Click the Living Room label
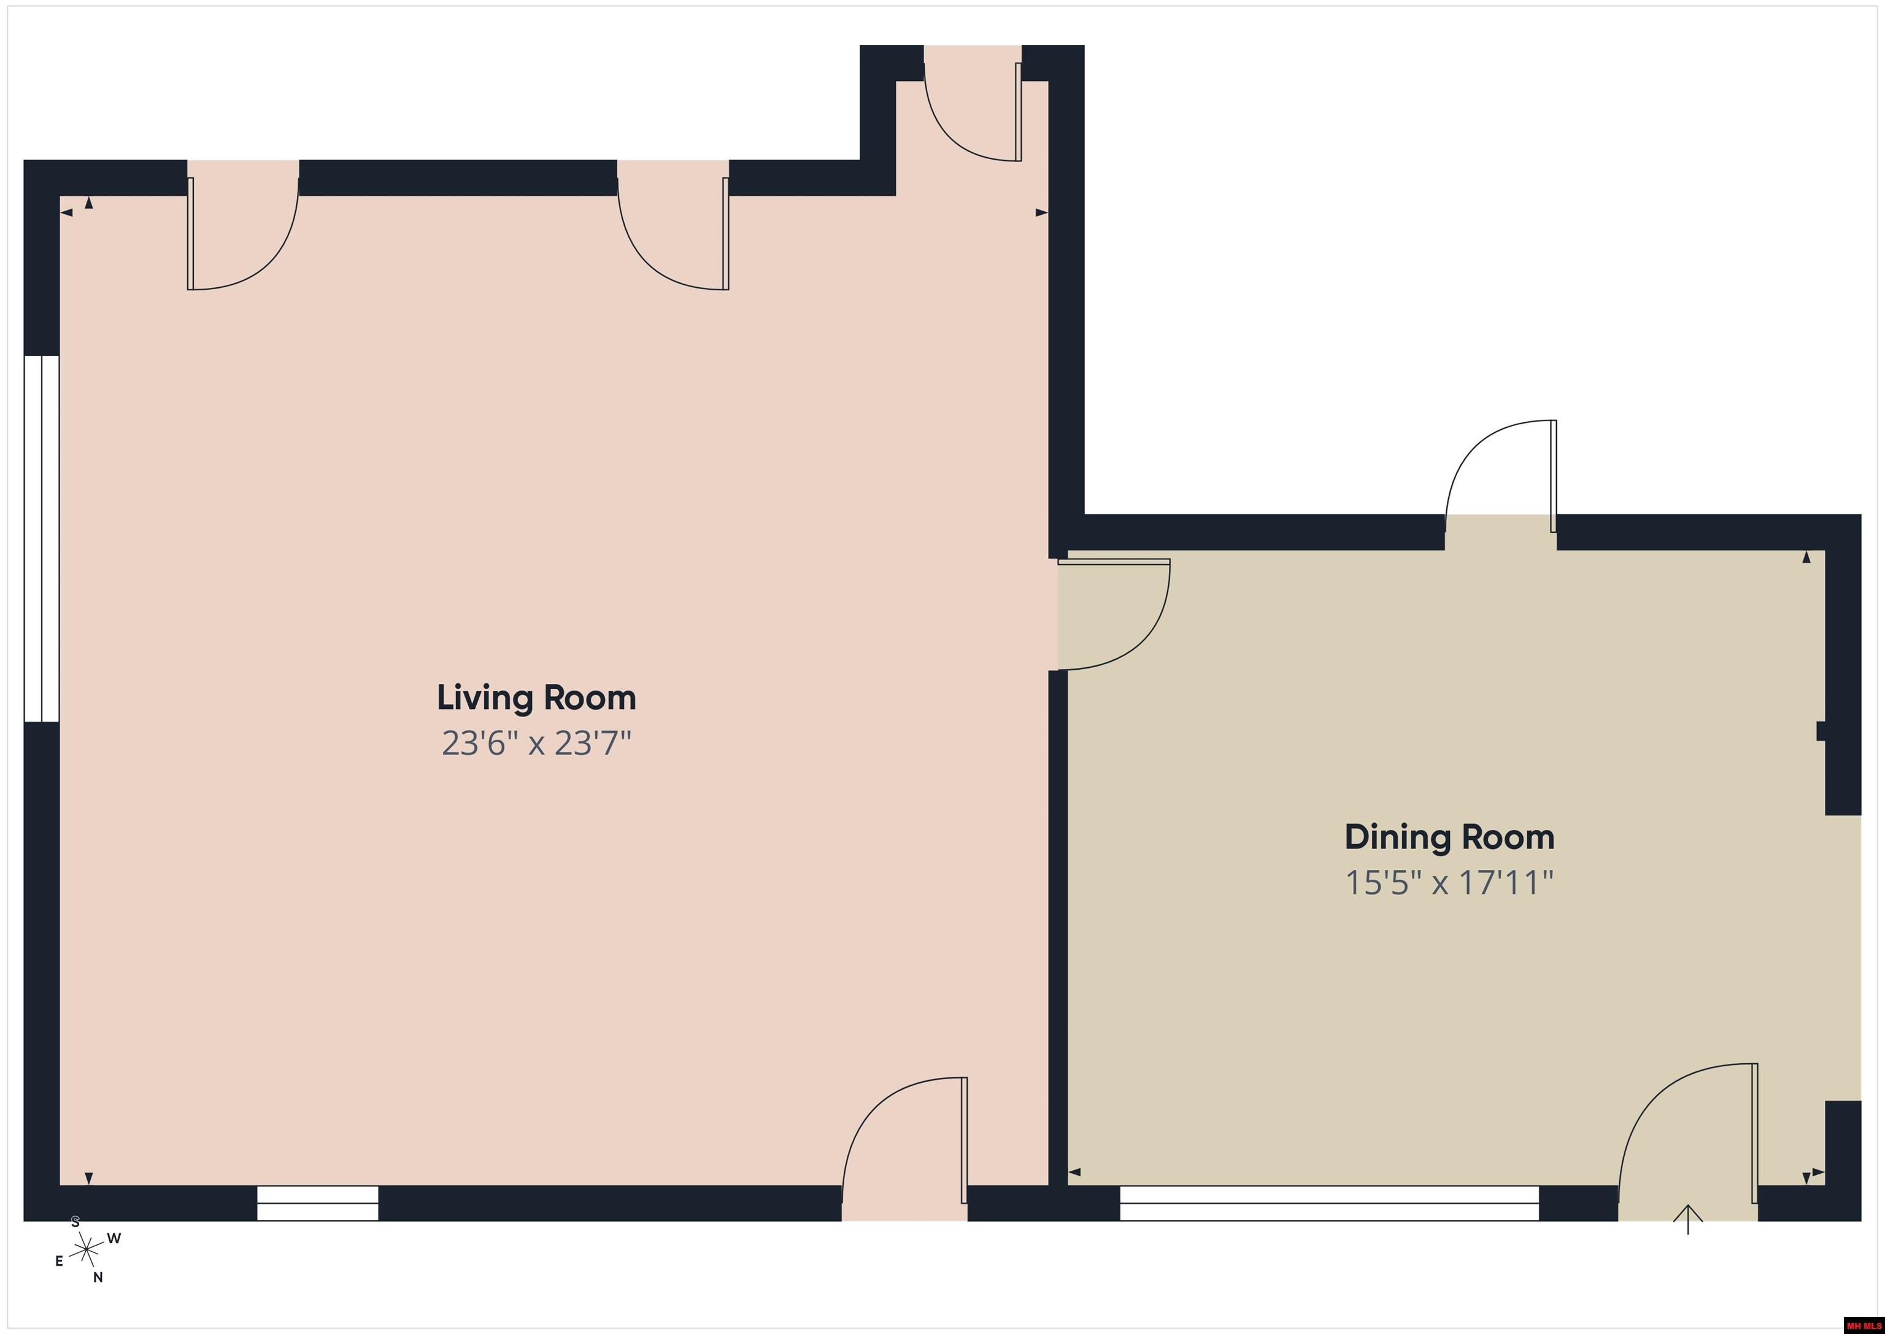pos(536,697)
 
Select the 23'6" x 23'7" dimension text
pos(536,743)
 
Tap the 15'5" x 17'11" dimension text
pos(1449,883)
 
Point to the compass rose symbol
pos(86,1251)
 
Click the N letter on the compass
pos(98,1278)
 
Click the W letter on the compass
pos(114,1238)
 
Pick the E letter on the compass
pos(59,1261)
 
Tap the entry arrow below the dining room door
pos(1688,1219)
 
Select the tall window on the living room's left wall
pos(42,539)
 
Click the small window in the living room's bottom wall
pos(318,1203)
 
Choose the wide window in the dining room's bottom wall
pos(1329,1203)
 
